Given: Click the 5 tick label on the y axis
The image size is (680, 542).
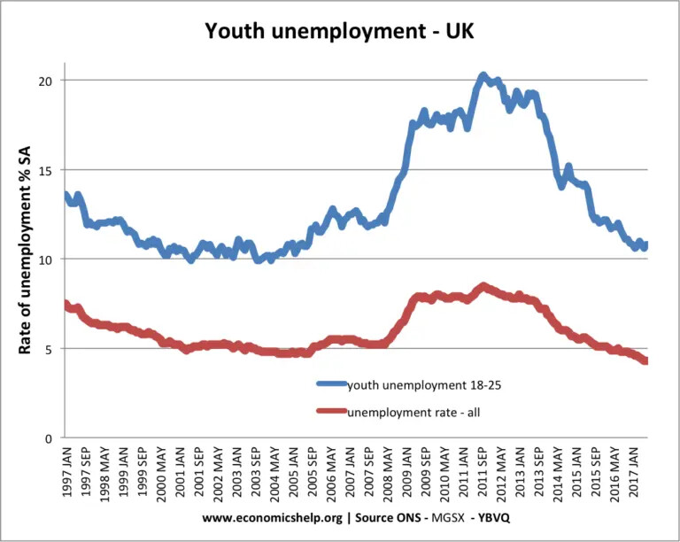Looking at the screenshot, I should pos(53,349).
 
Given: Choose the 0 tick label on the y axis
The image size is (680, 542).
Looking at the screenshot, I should pos(53,438).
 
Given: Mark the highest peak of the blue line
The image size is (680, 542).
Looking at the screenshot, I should pos(483,75).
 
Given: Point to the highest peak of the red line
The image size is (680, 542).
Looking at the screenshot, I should pos(483,286).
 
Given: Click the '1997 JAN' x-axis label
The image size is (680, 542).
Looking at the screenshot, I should pos(68,474).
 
